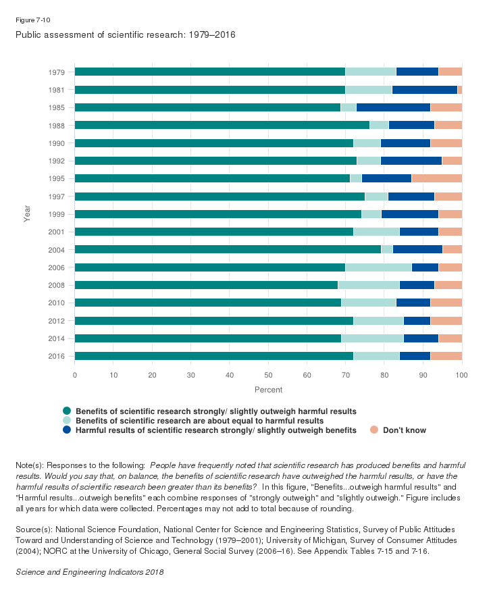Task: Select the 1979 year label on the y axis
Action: (56, 72)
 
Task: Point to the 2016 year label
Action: (56, 355)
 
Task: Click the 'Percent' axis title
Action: (268, 390)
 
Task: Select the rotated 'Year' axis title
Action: (27, 213)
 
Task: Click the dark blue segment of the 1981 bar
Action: (425, 89)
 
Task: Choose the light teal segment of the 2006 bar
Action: (378, 267)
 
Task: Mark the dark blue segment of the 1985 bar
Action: (393, 107)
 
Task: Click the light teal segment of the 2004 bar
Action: (387, 249)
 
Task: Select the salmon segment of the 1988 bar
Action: (448, 125)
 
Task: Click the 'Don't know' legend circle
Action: (374, 430)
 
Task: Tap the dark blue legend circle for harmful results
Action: (67, 430)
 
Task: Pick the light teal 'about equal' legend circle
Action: (67, 420)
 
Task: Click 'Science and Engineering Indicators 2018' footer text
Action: (89, 572)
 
